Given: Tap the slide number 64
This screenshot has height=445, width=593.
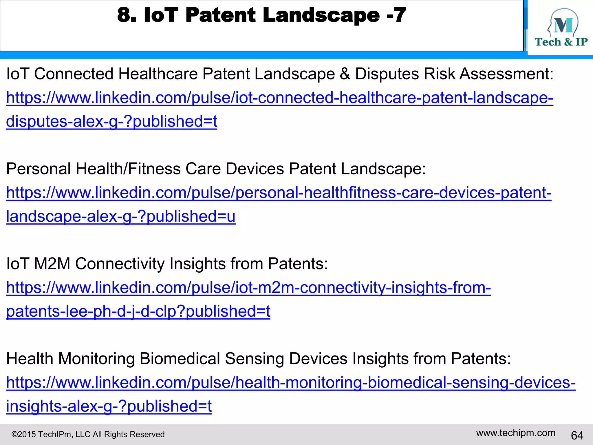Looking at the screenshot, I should click(577, 435).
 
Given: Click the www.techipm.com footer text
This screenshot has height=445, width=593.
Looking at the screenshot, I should click(516, 433).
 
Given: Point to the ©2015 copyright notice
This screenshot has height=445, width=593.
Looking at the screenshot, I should click(88, 434).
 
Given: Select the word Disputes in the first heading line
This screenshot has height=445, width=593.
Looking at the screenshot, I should click(387, 74).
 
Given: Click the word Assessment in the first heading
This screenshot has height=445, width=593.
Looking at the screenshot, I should click(506, 74).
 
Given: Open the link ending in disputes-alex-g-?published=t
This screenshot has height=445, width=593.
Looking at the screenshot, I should click(111, 121).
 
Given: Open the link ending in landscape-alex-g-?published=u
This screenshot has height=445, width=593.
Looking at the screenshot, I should click(120, 216).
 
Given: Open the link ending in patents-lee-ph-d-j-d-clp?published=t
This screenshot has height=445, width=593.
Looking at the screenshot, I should click(138, 311).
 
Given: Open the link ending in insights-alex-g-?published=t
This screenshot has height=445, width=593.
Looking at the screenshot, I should click(109, 406).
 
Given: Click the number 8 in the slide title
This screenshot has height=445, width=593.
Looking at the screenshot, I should click(126, 15).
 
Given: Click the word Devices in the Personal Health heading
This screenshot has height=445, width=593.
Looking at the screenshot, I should click(255, 169).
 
